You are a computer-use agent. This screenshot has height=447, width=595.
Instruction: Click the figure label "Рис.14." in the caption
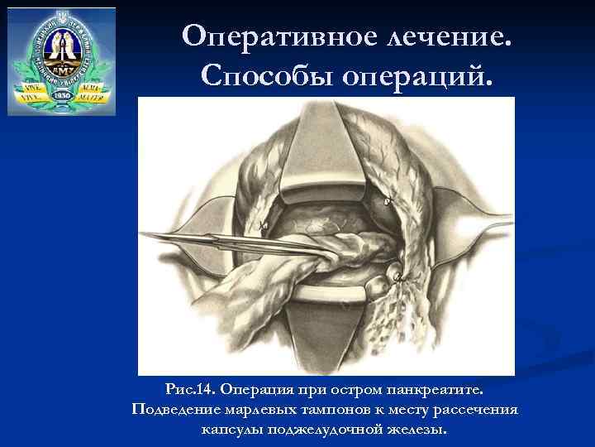[191, 389]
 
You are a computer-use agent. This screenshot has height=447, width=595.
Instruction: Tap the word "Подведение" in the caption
[173, 410]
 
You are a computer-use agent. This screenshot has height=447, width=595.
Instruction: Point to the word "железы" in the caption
[415, 430]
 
